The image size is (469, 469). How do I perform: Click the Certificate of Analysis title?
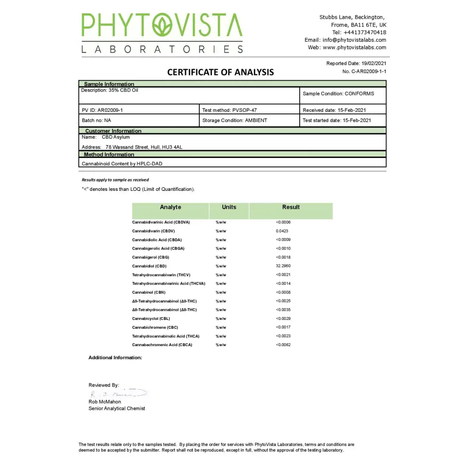coord(220,72)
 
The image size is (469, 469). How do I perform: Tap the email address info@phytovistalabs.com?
coord(355,40)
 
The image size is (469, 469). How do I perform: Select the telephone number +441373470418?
coord(365,32)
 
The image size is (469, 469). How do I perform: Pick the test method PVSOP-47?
coord(244,110)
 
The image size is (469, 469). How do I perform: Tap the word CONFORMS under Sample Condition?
coord(359,93)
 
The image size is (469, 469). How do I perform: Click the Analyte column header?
coord(170,207)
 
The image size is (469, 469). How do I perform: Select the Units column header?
coord(229,207)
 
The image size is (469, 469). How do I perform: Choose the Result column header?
coord(291,207)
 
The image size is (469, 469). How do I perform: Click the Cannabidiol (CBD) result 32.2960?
coord(283,266)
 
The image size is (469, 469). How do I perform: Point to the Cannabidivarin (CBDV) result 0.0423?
coord(282,231)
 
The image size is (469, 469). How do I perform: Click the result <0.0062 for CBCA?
coord(283,345)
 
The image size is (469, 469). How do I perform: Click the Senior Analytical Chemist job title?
coord(117,408)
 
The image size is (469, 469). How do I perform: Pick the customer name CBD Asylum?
coord(116,137)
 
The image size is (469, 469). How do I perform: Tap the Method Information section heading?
coord(109,154)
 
